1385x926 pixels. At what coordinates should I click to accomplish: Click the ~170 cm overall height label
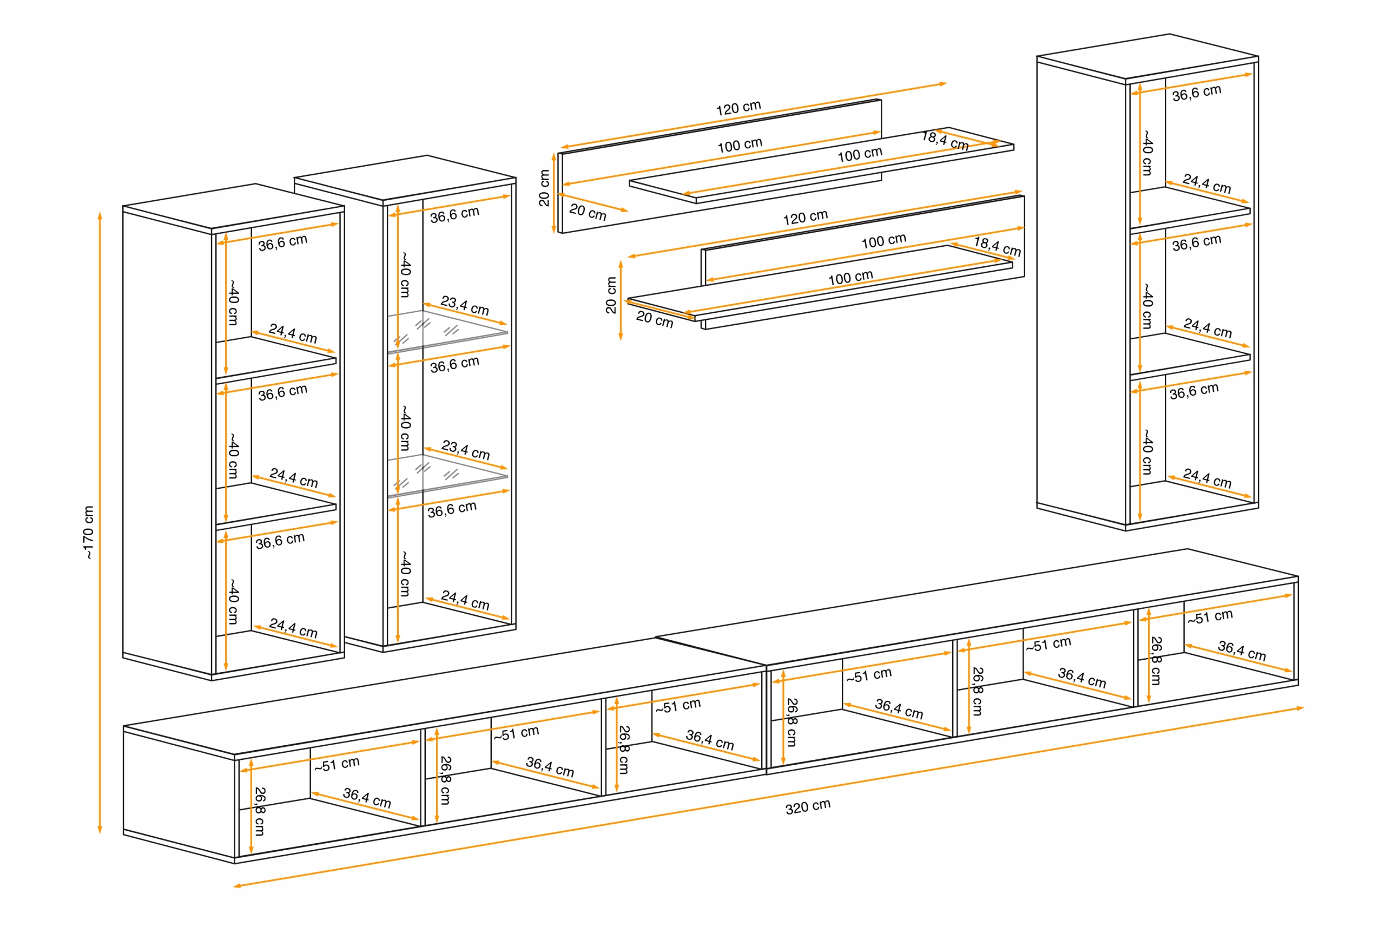[x=89, y=532]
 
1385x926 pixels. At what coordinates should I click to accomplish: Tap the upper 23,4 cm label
[x=465, y=305]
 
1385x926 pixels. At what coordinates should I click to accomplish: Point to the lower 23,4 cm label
[x=465, y=449]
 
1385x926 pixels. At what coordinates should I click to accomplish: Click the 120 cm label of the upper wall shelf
[x=738, y=108]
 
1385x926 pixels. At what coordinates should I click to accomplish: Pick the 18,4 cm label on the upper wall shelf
[x=945, y=141]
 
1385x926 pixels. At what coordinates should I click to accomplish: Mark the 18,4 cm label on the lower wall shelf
[x=997, y=246]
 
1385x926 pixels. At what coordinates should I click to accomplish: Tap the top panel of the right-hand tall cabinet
[x=1147, y=56]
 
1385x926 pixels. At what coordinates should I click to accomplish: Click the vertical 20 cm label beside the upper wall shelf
[x=544, y=188]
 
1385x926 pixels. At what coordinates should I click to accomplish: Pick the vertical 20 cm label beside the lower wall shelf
[x=611, y=295]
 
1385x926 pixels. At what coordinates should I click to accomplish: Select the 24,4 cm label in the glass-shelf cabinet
[x=465, y=600]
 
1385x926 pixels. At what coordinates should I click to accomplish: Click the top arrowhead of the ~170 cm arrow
[x=100, y=215]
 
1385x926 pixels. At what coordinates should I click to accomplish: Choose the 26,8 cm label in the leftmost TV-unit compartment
[x=260, y=811]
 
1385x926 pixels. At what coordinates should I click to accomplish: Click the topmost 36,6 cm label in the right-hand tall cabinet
[x=1196, y=93]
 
